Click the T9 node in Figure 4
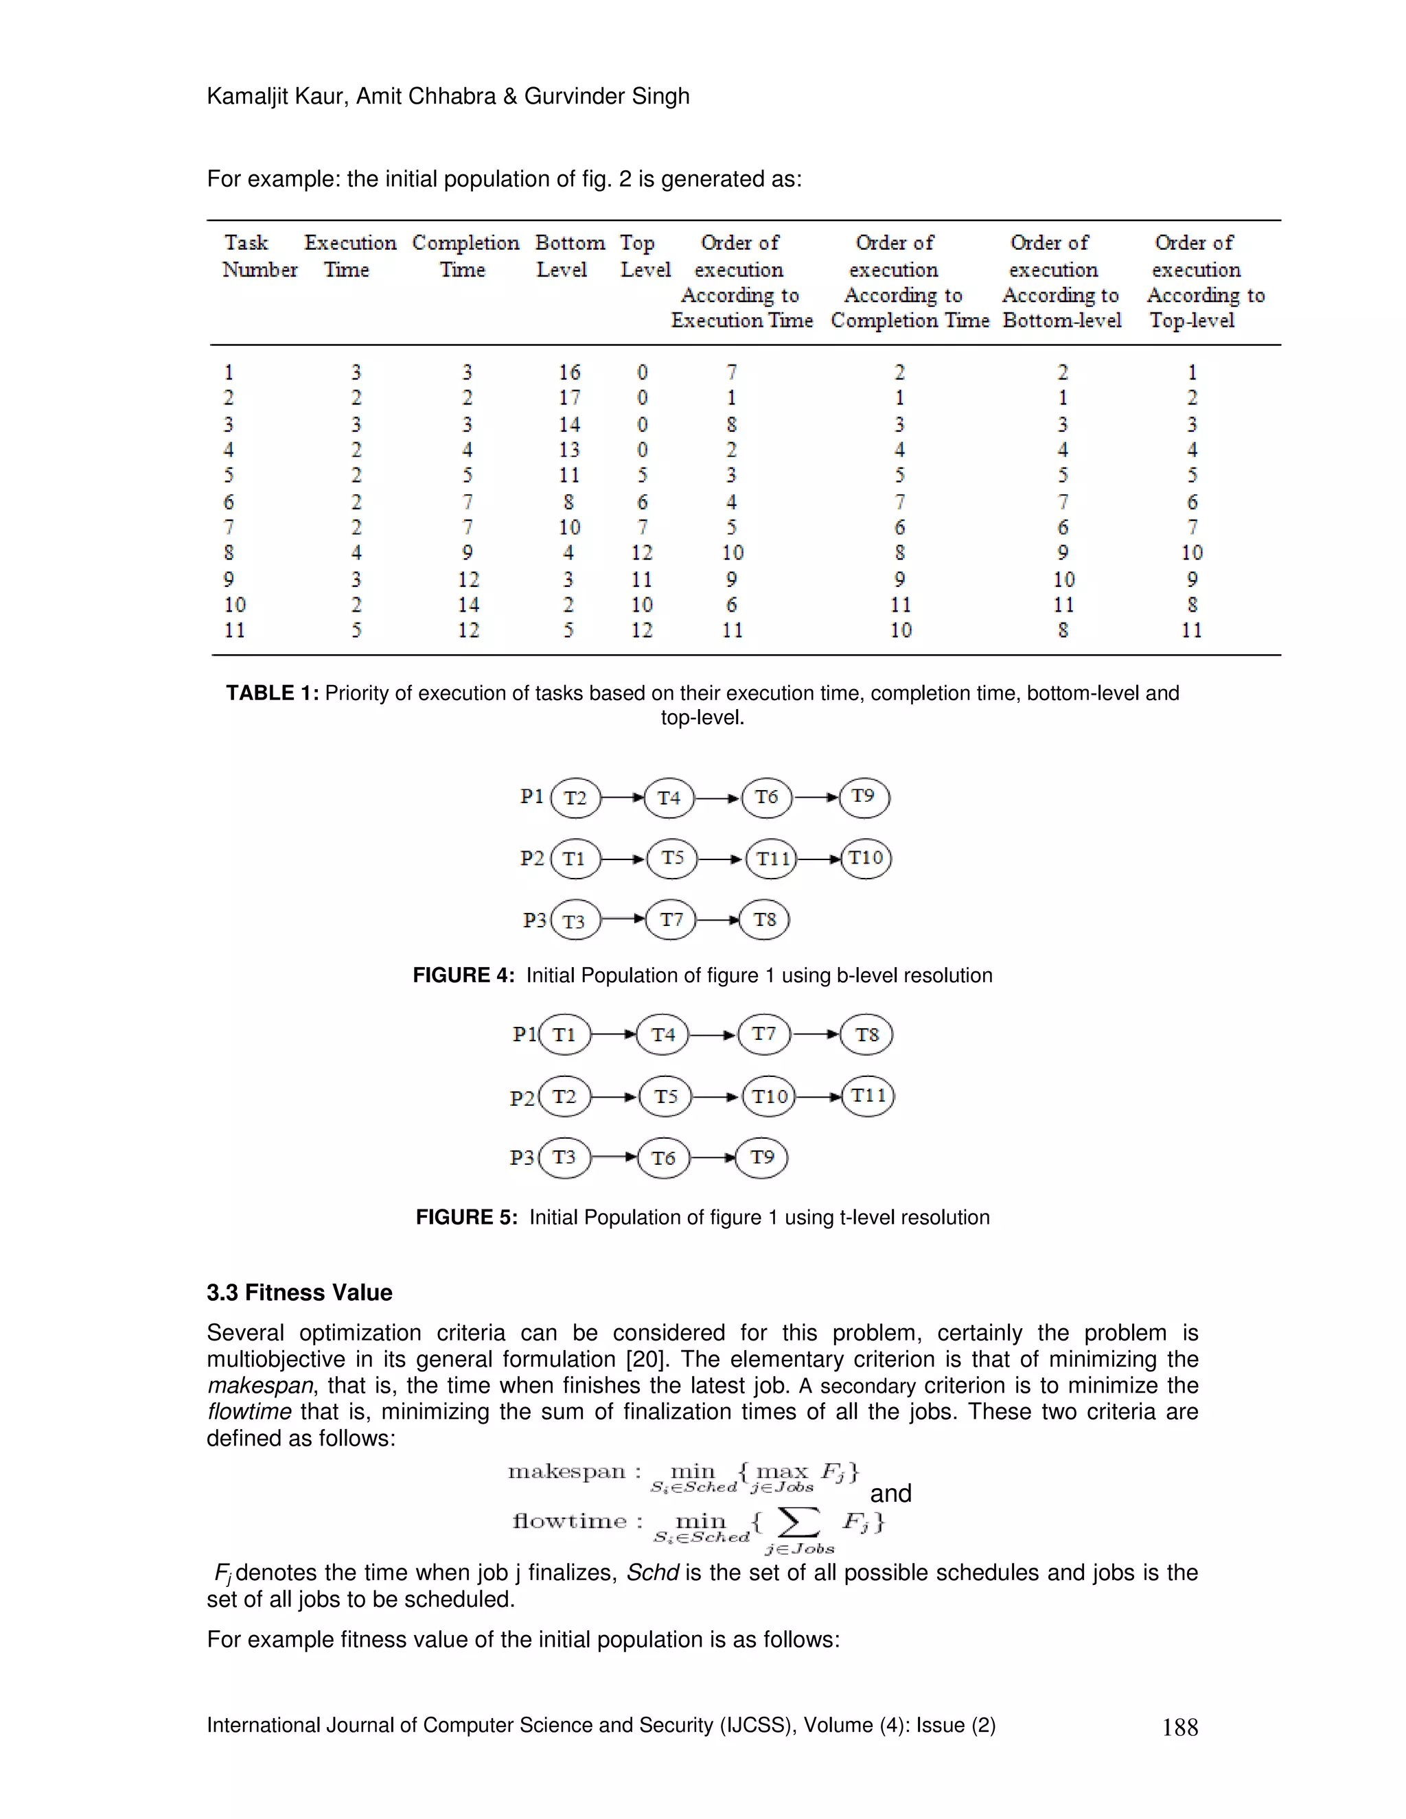pos(864,797)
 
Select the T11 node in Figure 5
pos(868,1096)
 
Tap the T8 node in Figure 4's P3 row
pos(765,920)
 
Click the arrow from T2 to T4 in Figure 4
pos(622,798)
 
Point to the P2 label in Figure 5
pos(522,1098)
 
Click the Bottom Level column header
pos(569,256)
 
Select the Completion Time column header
pos(465,256)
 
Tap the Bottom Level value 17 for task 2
pos(569,398)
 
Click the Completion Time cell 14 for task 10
pos(468,605)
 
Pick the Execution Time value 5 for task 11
pos(356,631)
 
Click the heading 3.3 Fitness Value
pos(299,1292)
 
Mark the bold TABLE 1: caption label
pos(272,693)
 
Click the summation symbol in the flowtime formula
pos(798,1522)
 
